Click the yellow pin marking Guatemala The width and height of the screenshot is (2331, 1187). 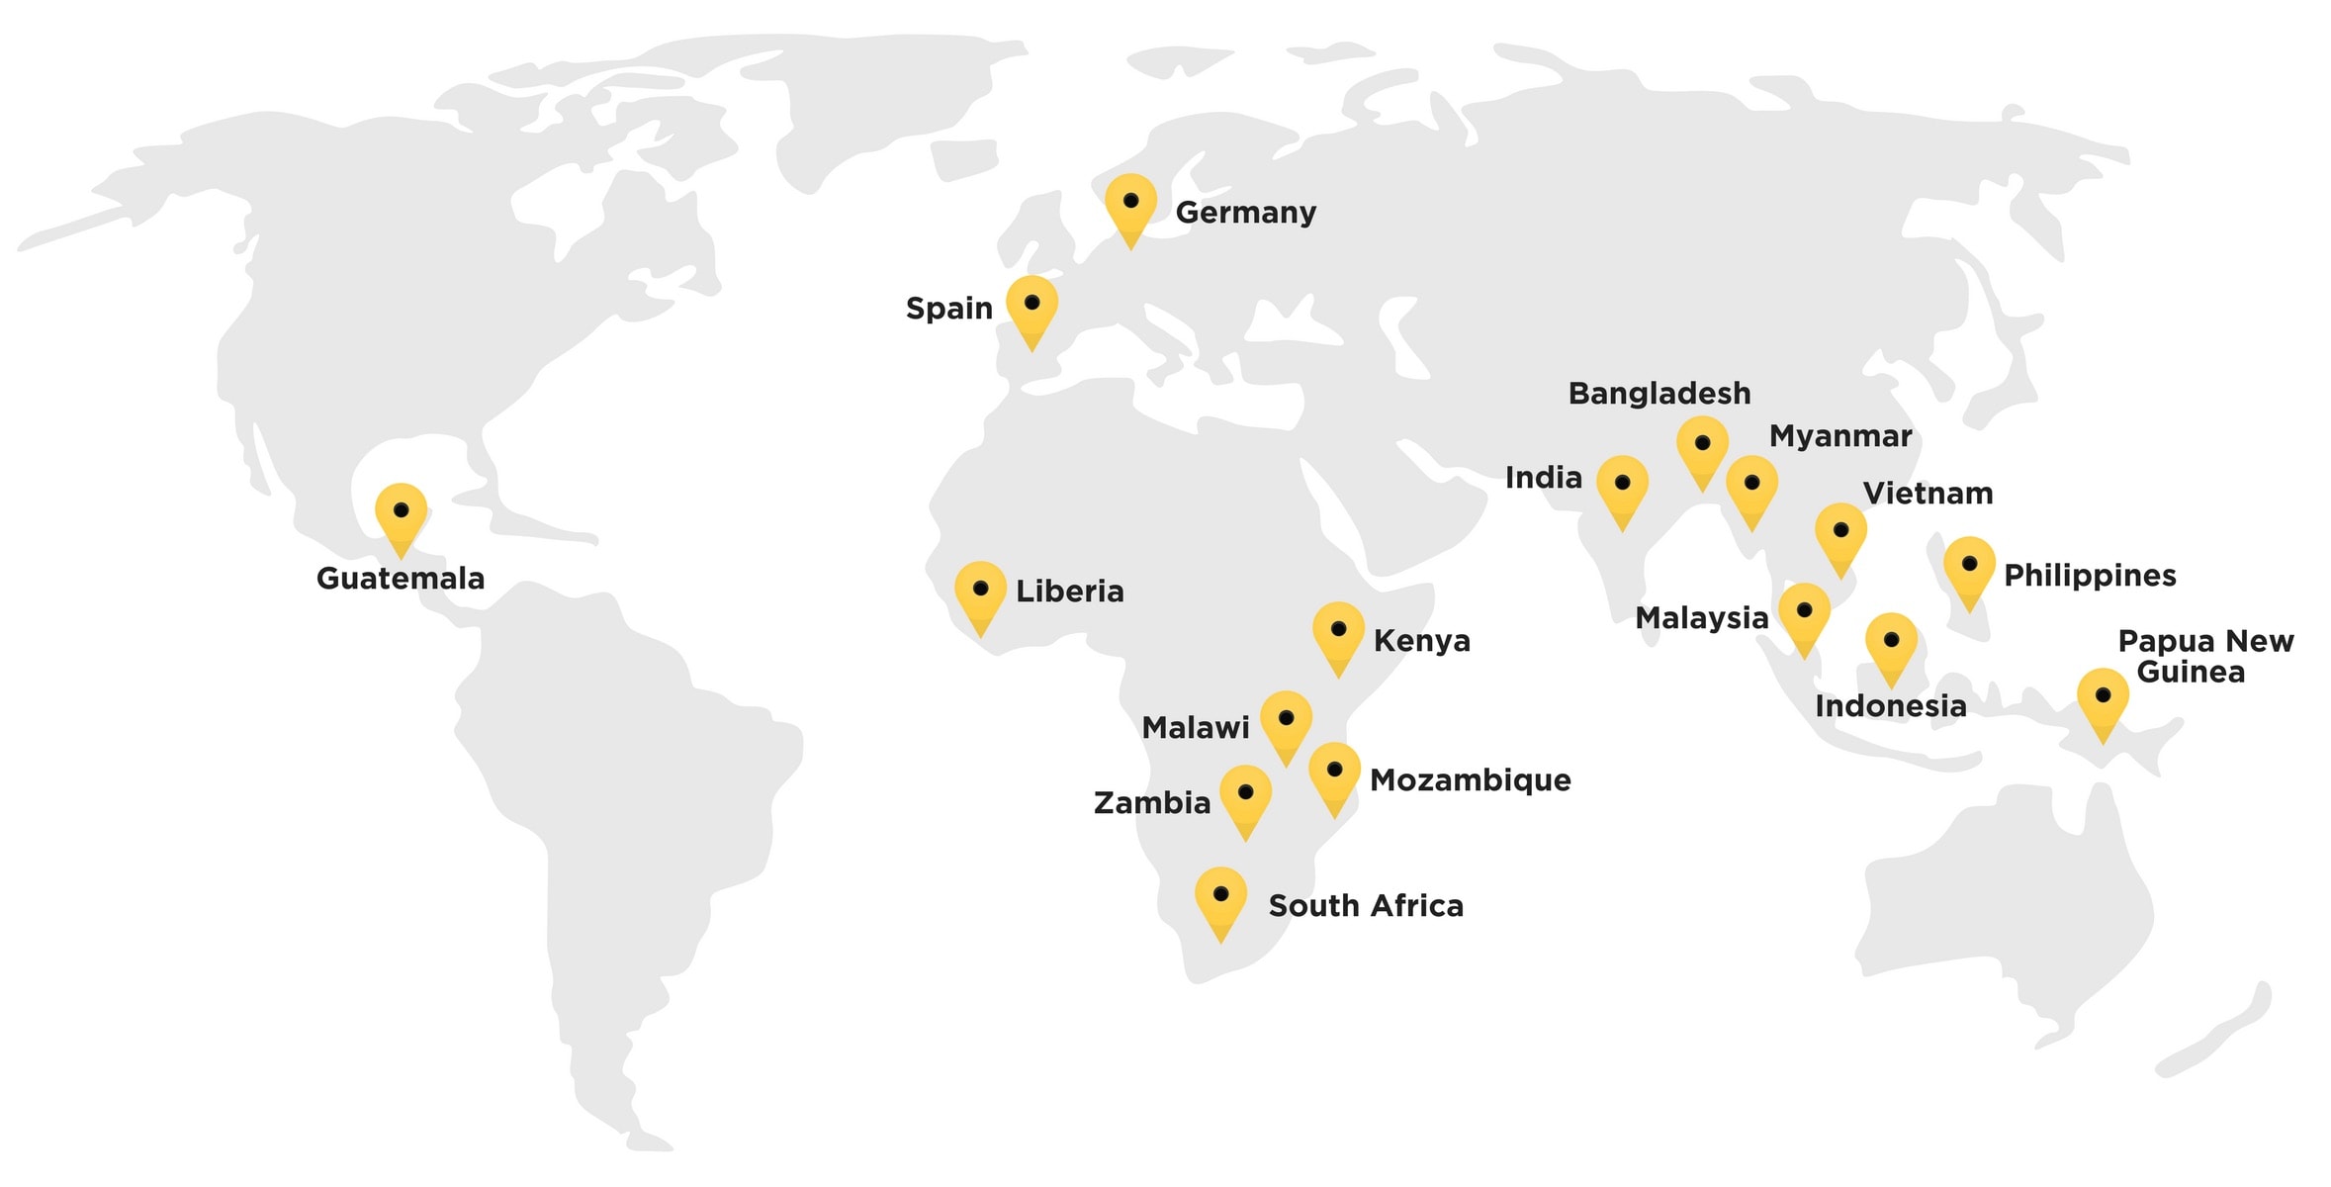coord(401,514)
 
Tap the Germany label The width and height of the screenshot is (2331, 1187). coord(1245,213)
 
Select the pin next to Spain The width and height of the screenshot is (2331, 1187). coord(1031,307)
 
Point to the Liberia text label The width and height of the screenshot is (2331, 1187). coord(1070,592)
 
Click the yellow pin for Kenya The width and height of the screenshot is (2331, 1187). coord(1338,633)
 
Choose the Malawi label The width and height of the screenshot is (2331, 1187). coord(1195,728)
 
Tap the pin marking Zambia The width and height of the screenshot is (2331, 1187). coord(1245,796)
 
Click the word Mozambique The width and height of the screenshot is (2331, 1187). coord(1470,780)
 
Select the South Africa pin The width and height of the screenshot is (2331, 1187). coord(1220,898)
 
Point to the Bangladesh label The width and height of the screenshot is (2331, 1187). coord(1659,394)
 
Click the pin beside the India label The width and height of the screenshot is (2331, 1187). coord(1622,487)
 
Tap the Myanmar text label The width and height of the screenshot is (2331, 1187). coord(1839,436)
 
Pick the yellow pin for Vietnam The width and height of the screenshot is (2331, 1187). coord(1840,534)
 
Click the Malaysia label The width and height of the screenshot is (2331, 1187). coord(1701,618)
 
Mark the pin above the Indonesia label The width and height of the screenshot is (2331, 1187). coord(1891,644)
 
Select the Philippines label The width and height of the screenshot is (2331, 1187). coord(2090,576)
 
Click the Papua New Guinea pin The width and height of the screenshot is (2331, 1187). coord(2103,699)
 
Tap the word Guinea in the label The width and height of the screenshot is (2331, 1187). coord(2191,673)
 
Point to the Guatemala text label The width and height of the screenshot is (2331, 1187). coord(401,579)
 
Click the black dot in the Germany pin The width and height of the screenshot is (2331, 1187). coord(1130,201)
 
